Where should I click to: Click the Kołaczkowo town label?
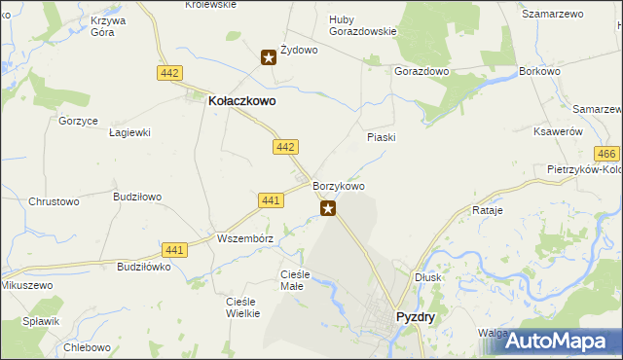click(242, 99)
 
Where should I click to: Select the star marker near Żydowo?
click(269, 57)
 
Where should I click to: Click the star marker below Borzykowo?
click(329, 207)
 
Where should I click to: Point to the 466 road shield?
click(606, 155)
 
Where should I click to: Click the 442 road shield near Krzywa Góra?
click(169, 73)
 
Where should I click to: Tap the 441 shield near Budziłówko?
click(174, 250)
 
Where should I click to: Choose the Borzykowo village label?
click(339, 186)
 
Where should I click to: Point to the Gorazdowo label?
click(421, 72)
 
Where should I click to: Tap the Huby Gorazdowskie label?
click(362, 24)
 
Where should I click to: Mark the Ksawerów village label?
click(559, 131)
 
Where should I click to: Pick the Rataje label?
click(487, 210)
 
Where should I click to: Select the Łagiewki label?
click(128, 132)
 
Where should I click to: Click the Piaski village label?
click(381, 137)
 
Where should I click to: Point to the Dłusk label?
click(427, 276)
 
